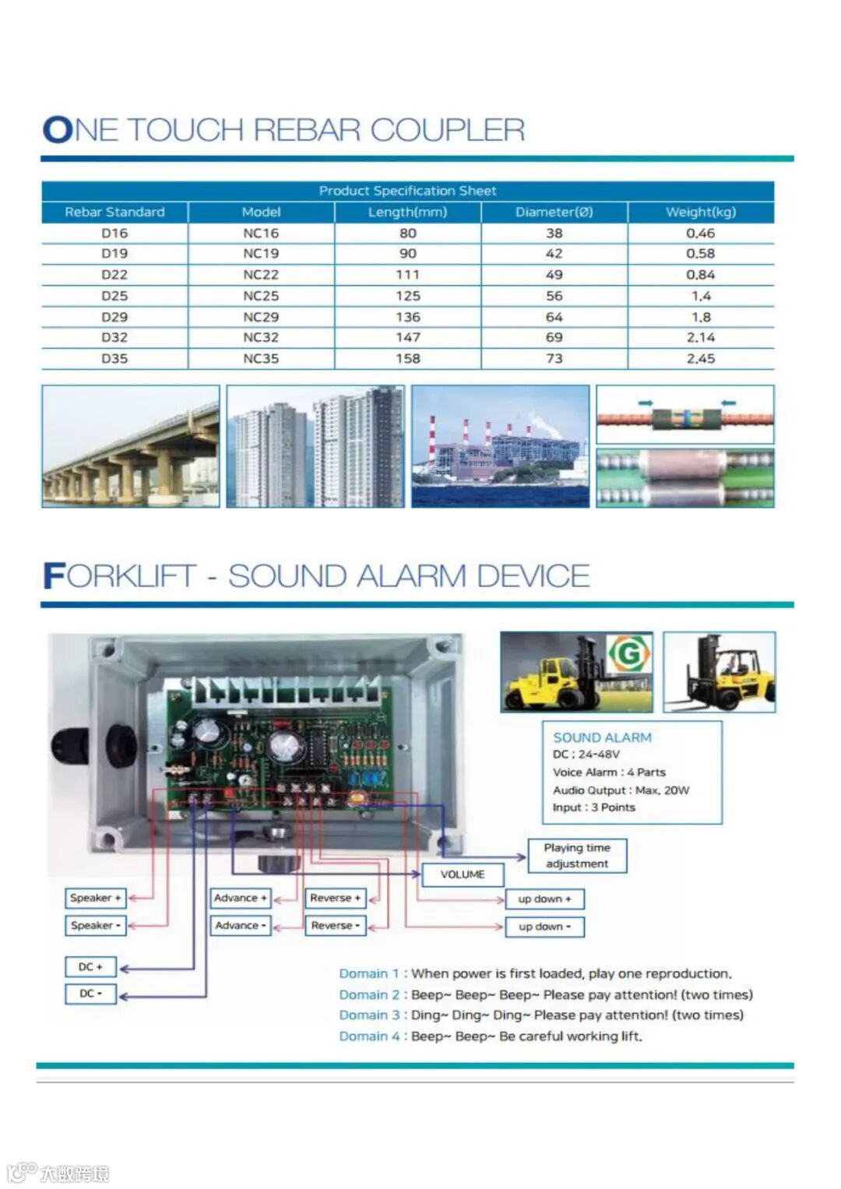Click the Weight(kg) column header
[x=700, y=212]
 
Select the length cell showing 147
[x=407, y=337]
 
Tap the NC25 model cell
[x=261, y=296]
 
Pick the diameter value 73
[x=554, y=358]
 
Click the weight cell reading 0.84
[x=700, y=275]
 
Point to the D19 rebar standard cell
[x=114, y=254]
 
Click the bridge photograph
[x=131, y=446]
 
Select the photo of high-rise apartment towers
[x=315, y=446]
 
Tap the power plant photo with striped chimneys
[x=500, y=446]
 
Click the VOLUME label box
[x=463, y=874]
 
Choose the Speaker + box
[x=95, y=898]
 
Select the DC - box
[x=90, y=994]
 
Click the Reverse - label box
[x=335, y=926]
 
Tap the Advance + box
[x=241, y=898]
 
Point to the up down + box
[x=544, y=899]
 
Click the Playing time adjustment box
[x=577, y=856]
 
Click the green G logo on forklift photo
[x=628, y=654]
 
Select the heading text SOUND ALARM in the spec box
[x=602, y=737]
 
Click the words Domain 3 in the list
[x=369, y=1015]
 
